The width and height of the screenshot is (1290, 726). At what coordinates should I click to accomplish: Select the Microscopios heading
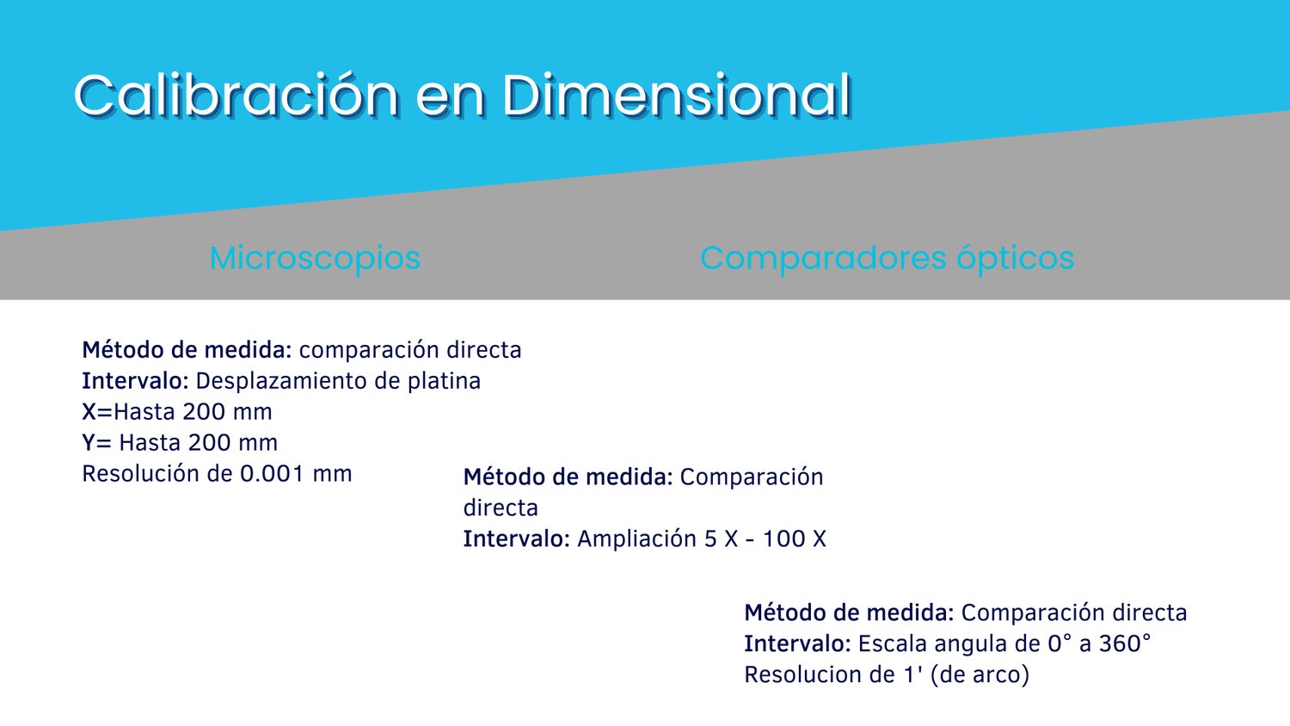pos(315,259)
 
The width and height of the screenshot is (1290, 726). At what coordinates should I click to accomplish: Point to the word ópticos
pos(1016,259)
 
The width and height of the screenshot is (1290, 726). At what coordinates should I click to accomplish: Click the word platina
pos(444,381)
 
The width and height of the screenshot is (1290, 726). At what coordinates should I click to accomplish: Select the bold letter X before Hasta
pos(89,412)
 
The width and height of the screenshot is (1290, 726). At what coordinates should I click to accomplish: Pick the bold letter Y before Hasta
pos(89,443)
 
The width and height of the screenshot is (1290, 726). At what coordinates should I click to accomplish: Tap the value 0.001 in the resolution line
pos(272,474)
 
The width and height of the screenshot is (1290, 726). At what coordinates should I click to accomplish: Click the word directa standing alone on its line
pos(501,508)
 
